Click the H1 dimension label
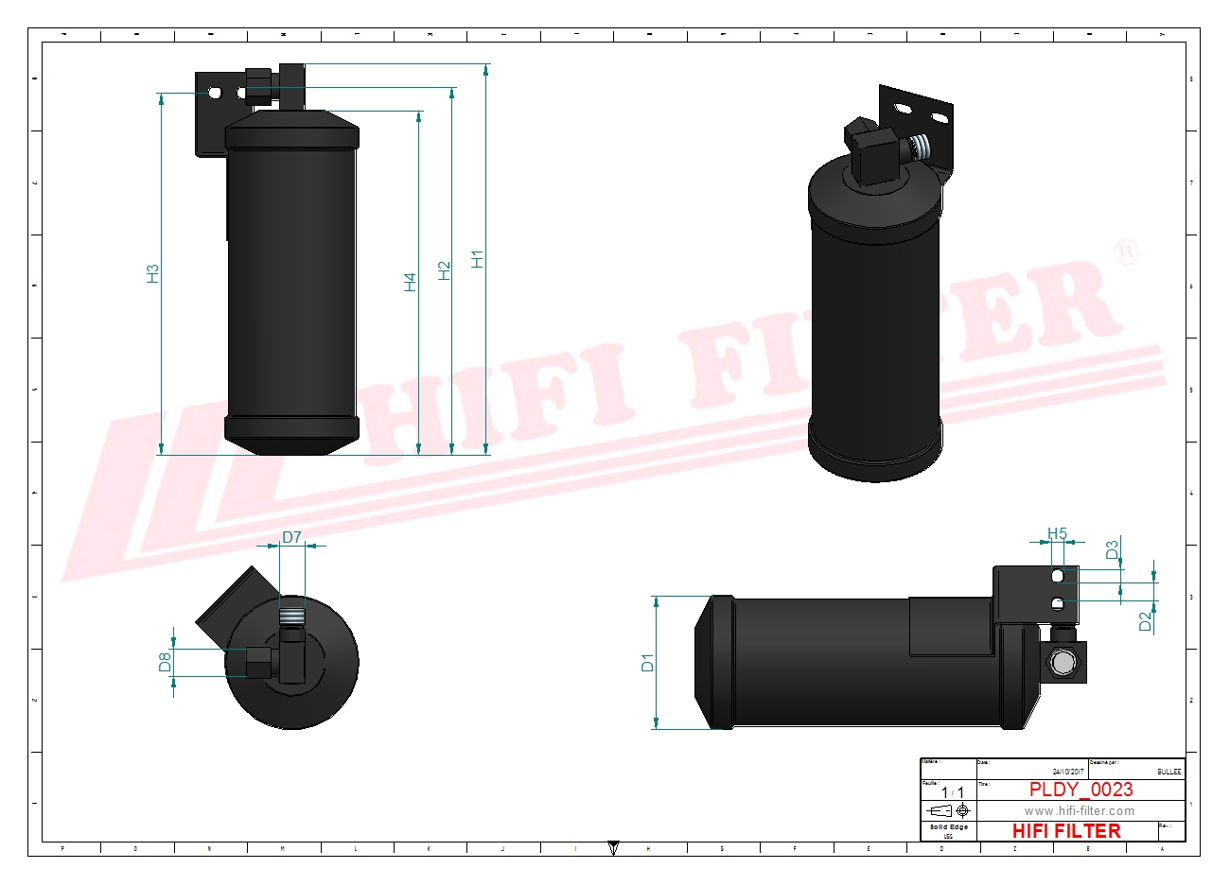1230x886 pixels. click(478, 258)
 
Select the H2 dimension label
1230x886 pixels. click(445, 270)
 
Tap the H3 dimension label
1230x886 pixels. click(152, 273)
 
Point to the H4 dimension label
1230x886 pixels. click(410, 282)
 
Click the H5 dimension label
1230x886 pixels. click(1057, 534)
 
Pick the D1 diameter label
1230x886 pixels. click(647, 663)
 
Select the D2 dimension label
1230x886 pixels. click(1145, 622)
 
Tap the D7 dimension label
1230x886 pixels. click(291, 537)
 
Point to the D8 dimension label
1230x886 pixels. click(165, 663)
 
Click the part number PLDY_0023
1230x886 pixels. click(1081, 790)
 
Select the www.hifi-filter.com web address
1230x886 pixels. click(1079, 810)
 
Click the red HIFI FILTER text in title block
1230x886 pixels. click(1066, 831)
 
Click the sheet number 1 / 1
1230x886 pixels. click(947, 791)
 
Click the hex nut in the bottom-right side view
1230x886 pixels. click(1061, 663)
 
